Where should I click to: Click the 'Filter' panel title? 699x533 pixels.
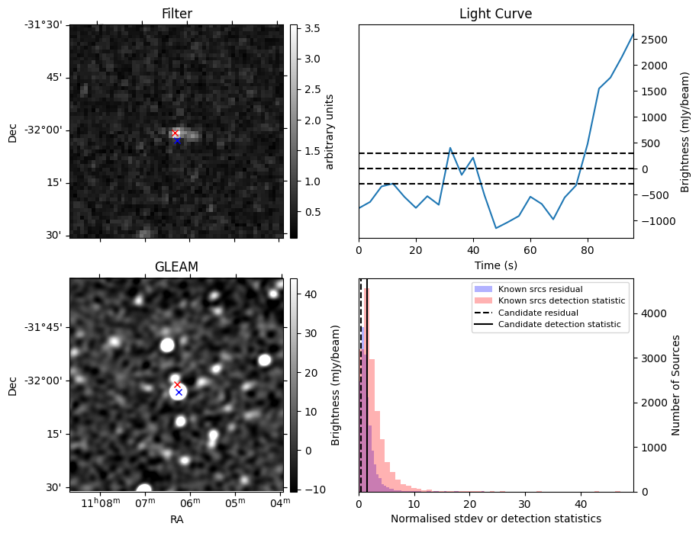[176, 14]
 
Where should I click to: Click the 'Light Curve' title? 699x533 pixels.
[495, 14]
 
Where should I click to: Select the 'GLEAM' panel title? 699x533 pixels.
[176, 267]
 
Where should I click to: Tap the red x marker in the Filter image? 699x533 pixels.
[175, 133]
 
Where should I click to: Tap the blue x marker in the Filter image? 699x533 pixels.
[177, 140]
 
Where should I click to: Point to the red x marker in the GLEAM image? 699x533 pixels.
[177, 385]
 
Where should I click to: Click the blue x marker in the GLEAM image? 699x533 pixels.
[179, 392]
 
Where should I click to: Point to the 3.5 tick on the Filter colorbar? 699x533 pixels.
[311, 28]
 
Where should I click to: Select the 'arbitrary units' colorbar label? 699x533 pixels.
[330, 131]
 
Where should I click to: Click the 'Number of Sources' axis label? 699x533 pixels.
[675, 384]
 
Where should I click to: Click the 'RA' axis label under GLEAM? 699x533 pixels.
[176, 519]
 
